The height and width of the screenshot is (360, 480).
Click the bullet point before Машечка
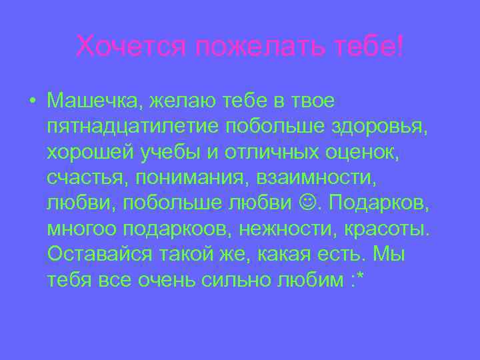click(x=32, y=101)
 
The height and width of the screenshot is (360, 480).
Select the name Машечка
click(x=93, y=101)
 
